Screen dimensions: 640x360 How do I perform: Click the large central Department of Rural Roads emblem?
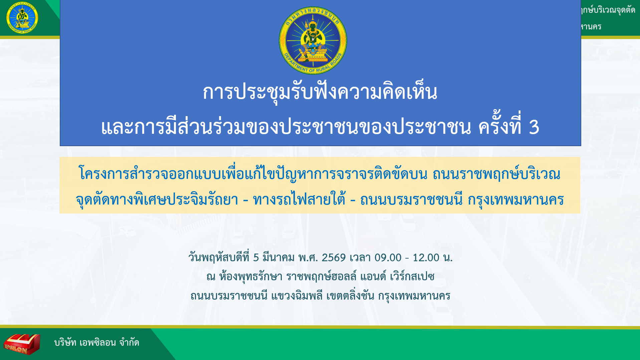pyautogui.click(x=313, y=40)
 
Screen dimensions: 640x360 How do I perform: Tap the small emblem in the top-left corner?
pyautogui.click(x=22, y=18)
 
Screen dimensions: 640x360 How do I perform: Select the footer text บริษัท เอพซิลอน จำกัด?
pyautogui.click(x=96, y=343)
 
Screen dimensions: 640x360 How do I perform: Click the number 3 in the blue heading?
pyautogui.click(x=534, y=127)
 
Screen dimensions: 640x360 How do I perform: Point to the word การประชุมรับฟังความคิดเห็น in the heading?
pyautogui.click(x=320, y=92)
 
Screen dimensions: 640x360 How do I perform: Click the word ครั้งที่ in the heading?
pyautogui.click(x=500, y=125)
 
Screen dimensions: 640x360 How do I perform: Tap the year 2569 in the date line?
pyautogui.click(x=334, y=258)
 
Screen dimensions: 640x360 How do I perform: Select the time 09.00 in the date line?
pyautogui.click(x=388, y=258)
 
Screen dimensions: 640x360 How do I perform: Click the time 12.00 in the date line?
pyautogui.click(x=426, y=258)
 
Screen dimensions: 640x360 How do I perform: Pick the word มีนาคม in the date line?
pyautogui.click(x=278, y=258)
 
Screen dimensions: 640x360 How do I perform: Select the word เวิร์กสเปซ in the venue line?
pyautogui.click(x=412, y=276)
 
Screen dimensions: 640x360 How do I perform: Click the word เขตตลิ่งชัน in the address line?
pyautogui.click(x=350, y=296)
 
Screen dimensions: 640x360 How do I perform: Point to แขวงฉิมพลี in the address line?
pyautogui.click(x=297, y=296)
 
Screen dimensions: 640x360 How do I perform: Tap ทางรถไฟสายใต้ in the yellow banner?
pyautogui.click(x=299, y=200)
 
